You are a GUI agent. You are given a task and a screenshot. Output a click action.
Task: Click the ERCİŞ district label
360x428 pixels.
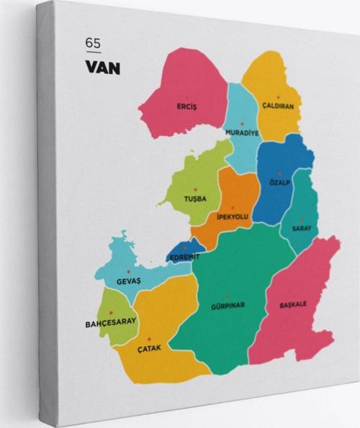[x=186, y=106]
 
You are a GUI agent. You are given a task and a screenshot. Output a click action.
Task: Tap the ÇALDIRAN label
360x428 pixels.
[x=278, y=106]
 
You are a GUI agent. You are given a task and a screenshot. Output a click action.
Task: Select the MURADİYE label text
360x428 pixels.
[x=241, y=132]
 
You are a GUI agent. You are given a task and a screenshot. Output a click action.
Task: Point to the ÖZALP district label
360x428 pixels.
[x=280, y=182]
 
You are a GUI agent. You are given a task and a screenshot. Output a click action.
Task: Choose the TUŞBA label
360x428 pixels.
[x=194, y=199]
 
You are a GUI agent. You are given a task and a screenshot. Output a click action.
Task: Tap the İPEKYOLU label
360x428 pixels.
[x=232, y=216]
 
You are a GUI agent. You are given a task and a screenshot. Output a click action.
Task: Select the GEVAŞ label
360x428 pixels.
[x=129, y=280]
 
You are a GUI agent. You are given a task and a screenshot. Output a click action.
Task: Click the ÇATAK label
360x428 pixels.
[x=149, y=348]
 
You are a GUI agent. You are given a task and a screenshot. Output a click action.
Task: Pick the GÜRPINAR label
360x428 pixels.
[x=228, y=305]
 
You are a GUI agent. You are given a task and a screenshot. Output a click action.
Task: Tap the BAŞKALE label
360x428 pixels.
[x=293, y=304]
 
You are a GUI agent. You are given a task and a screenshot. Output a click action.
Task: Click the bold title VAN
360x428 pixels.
[x=103, y=69]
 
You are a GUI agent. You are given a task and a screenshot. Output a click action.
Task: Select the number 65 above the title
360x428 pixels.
[x=93, y=43]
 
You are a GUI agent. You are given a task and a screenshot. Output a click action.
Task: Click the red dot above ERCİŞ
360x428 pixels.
[x=186, y=97]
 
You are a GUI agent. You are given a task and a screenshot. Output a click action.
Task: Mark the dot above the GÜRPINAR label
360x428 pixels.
[x=228, y=296]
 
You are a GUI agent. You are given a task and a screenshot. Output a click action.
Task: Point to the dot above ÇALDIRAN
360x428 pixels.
[x=278, y=96]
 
